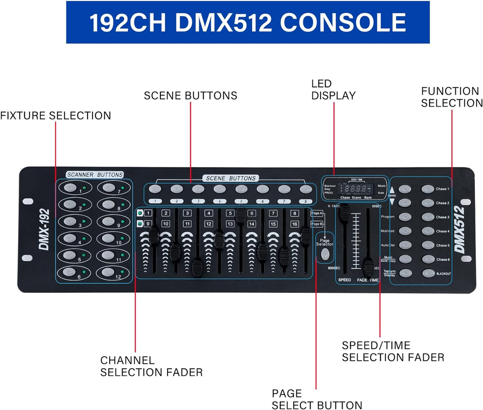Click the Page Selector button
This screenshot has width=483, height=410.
(326, 254)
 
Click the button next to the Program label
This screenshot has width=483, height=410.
(405, 217)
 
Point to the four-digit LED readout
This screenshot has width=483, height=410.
(355, 189)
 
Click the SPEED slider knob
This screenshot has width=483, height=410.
(344, 213)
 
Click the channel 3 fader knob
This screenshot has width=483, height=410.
(197, 265)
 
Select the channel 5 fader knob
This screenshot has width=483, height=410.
(240, 214)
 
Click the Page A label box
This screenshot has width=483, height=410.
(317, 213)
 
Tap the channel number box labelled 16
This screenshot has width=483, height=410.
(294, 224)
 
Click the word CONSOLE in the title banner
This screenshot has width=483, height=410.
(342, 23)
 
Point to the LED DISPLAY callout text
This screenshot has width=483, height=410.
(333, 90)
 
